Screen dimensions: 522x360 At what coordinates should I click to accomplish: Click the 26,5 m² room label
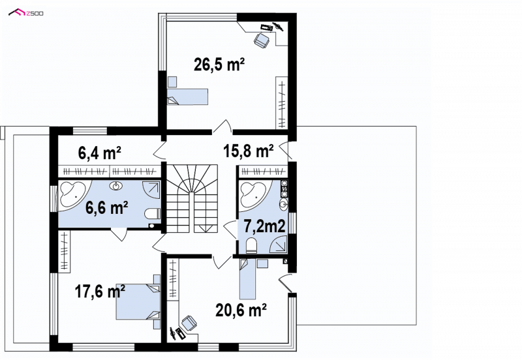click(x=219, y=64)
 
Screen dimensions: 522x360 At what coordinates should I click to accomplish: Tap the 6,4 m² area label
click(x=100, y=153)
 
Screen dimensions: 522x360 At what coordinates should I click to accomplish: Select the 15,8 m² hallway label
click(x=249, y=151)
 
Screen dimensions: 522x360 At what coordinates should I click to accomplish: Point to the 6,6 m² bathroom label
click(x=107, y=208)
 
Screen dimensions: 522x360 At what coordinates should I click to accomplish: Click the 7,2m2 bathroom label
click(x=264, y=226)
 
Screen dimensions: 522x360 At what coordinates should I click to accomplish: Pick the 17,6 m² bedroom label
click(x=100, y=292)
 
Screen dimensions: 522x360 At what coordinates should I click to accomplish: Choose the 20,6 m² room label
click(x=241, y=310)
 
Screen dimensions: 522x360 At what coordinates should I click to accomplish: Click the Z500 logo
click(x=26, y=13)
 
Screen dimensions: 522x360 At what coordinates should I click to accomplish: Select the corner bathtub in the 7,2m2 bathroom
click(x=256, y=195)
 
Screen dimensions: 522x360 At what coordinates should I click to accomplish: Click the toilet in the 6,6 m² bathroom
click(x=153, y=214)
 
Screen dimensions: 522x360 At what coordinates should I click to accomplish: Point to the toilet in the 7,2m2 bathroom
click(x=251, y=246)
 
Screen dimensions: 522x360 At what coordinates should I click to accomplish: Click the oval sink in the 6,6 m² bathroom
click(x=116, y=186)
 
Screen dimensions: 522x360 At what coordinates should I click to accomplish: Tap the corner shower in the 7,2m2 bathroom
click(x=279, y=245)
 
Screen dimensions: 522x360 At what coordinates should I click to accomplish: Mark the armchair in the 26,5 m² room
click(x=262, y=40)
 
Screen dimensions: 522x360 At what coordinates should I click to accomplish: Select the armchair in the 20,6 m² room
click(x=189, y=323)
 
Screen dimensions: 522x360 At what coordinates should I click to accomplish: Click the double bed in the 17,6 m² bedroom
click(x=138, y=302)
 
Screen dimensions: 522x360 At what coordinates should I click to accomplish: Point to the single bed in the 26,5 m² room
click(x=187, y=97)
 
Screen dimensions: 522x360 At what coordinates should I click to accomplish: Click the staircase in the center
click(x=192, y=199)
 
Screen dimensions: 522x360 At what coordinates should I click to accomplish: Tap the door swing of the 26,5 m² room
click(x=223, y=127)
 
